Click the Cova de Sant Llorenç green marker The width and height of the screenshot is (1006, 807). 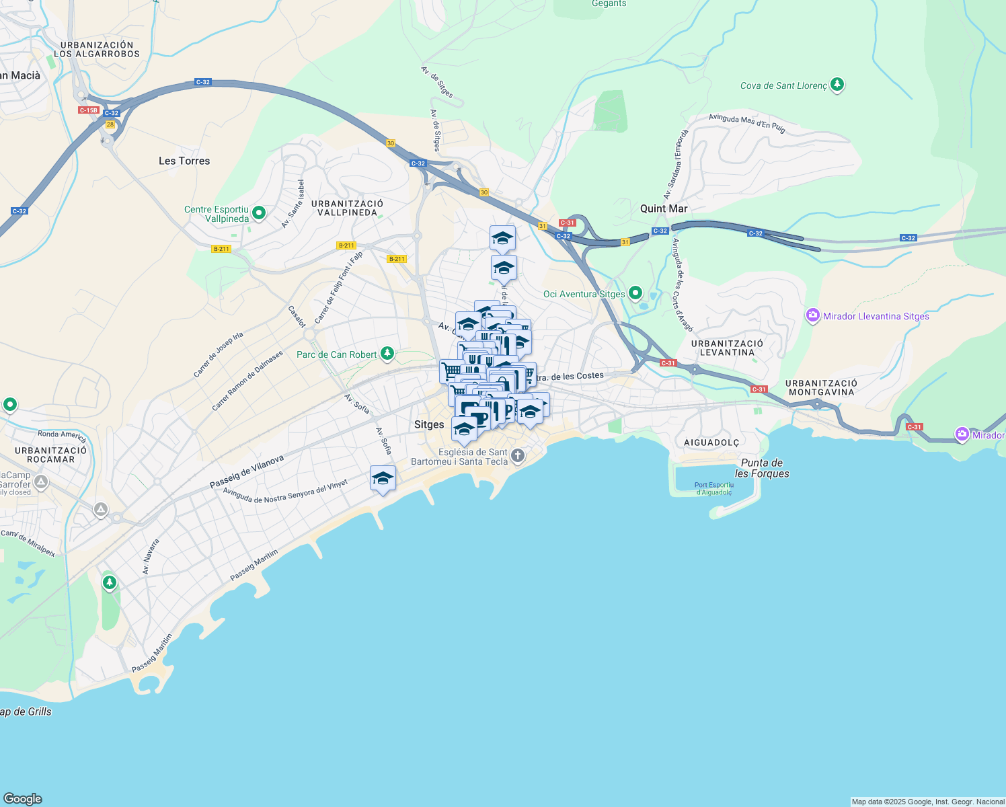click(837, 85)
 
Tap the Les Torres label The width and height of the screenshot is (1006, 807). click(184, 161)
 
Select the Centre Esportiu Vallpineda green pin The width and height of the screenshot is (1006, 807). click(259, 214)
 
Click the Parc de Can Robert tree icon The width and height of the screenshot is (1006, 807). click(387, 354)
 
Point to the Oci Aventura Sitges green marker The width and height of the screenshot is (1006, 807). click(635, 293)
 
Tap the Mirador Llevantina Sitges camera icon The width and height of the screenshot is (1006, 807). click(813, 315)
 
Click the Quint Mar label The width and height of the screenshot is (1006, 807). click(664, 208)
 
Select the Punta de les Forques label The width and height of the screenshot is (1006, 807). click(762, 468)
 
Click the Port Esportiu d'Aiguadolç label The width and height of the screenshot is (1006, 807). click(714, 488)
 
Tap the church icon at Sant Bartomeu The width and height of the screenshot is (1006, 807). click(518, 456)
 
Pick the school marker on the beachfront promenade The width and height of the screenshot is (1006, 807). click(383, 479)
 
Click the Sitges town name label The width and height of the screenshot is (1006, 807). click(429, 424)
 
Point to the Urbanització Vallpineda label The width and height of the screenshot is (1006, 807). click(347, 208)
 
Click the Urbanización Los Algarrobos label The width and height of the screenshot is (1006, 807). click(97, 49)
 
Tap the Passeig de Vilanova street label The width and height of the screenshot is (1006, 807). click(247, 471)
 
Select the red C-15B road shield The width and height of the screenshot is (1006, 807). click(88, 110)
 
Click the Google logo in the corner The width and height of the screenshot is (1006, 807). click(23, 798)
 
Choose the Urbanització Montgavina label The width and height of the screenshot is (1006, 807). click(821, 387)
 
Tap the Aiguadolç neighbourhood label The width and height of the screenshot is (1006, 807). click(711, 443)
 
